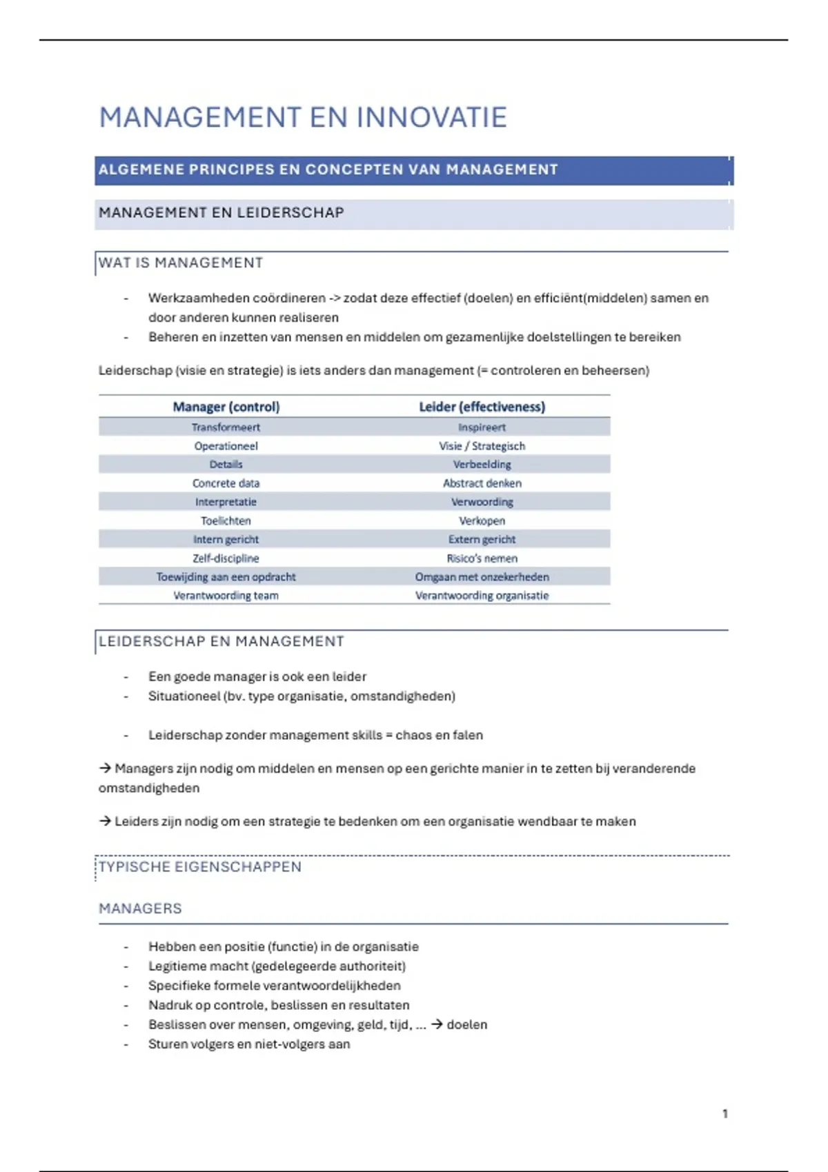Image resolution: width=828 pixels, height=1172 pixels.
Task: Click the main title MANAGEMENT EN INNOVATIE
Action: click(x=303, y=118)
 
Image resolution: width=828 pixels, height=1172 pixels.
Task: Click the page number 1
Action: click(x=724, y=1113)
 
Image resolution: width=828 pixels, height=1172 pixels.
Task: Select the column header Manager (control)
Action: click(x=226, y=407)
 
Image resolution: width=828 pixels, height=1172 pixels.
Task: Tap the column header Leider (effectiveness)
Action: click(x=482, y=407)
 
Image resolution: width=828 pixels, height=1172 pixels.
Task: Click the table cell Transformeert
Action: click(x=226, y=427)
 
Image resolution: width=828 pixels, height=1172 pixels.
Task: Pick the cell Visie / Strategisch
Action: click(x=482, y=446)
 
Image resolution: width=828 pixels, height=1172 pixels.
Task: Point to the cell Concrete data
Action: click(x=226, y=483)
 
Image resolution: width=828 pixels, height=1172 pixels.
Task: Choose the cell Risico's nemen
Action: click(x=482, y=558)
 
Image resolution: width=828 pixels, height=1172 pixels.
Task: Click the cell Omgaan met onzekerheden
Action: click(x=482, y=577)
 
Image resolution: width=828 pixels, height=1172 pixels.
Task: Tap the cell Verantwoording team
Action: click(x=226, y=596)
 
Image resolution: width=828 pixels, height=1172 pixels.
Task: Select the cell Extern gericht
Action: click(x=482, y=539)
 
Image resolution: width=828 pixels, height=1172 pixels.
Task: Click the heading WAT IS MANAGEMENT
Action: click(x=181, y=263)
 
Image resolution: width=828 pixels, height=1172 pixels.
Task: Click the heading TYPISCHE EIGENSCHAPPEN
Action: click(x=200, y=867)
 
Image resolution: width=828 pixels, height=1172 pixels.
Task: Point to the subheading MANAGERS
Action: click(x=140, y=909)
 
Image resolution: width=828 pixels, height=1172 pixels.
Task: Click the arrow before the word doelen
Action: click(x=437, y=1024)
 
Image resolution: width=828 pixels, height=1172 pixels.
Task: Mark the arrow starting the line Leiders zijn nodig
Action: click(x=105, y=821)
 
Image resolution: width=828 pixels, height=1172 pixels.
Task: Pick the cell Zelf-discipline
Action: click(x=226, y=558)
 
